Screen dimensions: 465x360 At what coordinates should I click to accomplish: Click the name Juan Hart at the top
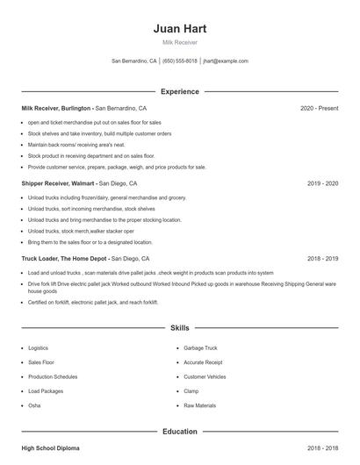pyautogui.click(x=179, y=28)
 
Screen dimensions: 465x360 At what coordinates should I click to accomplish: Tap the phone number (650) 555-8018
pyautogui.click(x=179, y=61)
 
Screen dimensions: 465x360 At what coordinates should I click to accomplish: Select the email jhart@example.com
pyautogui.click(x=226, y=61)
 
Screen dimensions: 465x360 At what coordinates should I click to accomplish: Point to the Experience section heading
pyautogui.click(x=179, y=91)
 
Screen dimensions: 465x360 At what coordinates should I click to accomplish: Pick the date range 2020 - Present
pyautogui.click(x=319, y=108)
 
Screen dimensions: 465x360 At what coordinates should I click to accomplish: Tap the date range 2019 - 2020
pyautogui.click(x=322, y=183)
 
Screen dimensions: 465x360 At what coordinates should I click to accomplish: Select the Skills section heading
pyautogui.click(x=179, y=328)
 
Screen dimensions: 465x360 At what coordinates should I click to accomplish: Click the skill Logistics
pyautogui.click(x=39, y=348)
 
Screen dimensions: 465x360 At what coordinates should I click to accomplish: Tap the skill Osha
pyautogui.click(x=34, y=405)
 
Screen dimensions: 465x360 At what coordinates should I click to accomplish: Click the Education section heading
pyautogui.click(x=179, y=432)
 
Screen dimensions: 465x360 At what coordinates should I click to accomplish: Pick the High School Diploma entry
pyautogui.click(x=50, y=448)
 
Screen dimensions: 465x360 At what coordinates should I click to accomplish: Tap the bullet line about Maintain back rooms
pyautogui.click(x=76, y=144)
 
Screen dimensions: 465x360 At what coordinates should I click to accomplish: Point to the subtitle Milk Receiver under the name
pyautogui.click(x=179, y=42)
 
